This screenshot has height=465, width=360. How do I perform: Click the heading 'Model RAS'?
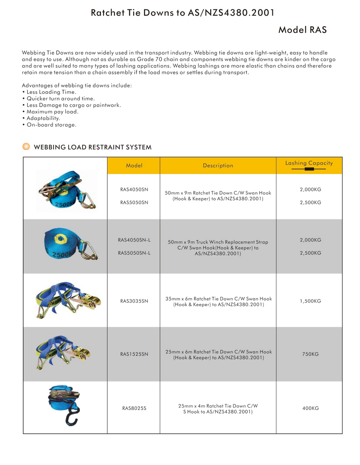[302, 30]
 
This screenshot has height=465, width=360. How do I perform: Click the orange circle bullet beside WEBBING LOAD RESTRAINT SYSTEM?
[26, 147]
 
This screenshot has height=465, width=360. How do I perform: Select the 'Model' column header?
[134, 165]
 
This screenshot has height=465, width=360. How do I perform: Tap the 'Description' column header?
[218, 165]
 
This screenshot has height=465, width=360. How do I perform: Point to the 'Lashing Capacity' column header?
[309, 163]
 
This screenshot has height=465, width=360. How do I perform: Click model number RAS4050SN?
[134, 190]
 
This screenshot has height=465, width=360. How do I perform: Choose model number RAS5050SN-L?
[134, 253]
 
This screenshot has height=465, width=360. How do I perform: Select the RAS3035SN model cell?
[134, 301]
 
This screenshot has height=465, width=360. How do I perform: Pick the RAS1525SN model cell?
[134, 354]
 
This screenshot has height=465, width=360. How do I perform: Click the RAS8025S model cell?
[134, 408]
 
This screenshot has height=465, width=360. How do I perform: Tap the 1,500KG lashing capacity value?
[310, 301]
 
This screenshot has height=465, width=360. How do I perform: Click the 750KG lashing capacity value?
[310, 354]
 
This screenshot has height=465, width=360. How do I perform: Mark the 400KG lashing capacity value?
[310, 408]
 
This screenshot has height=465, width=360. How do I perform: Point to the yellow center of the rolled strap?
[59, 238]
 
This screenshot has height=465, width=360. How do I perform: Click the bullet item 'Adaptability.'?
[43, 118]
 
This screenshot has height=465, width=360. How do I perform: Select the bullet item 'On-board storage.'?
[51, 125]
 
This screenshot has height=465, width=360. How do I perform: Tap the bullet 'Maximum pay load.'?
[52, 112]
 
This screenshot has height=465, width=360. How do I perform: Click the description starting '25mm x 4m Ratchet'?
[218, 409]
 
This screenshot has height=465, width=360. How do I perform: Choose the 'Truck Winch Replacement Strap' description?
[218, 248]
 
